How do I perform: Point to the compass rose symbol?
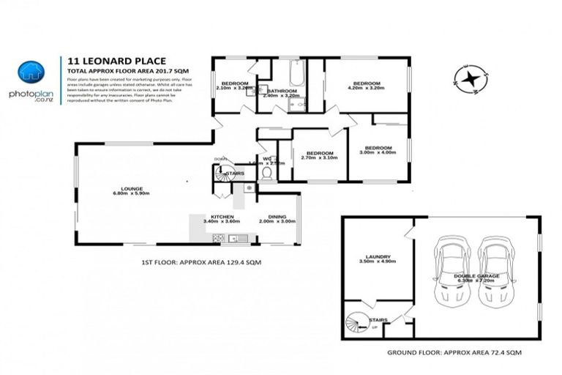pyautogui.click(x=469, y=78)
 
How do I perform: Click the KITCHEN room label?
pyautogui.click(x=222, y=218)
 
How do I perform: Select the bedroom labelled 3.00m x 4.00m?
pyautogui.click(x=378, y=150)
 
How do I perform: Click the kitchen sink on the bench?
pyautogui.click(x=236, y=238)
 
